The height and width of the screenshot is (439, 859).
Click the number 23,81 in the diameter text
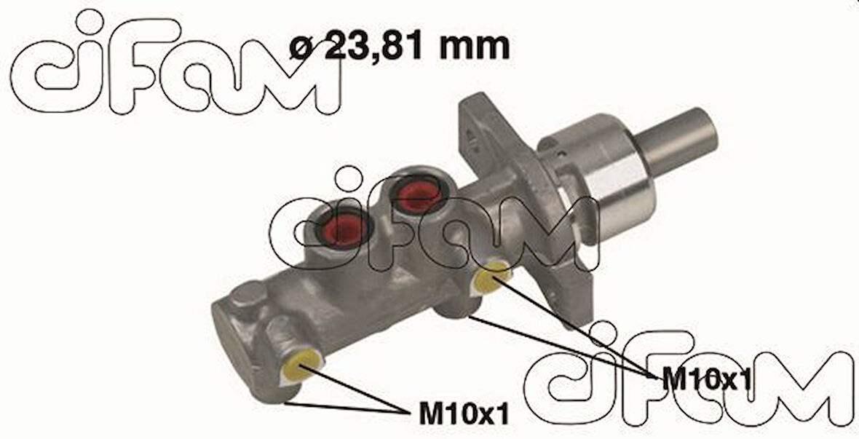click(375, 46)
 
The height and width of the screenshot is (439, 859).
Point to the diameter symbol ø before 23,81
click(302, 48)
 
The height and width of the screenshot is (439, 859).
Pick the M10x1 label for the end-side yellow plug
click(464, 414)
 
